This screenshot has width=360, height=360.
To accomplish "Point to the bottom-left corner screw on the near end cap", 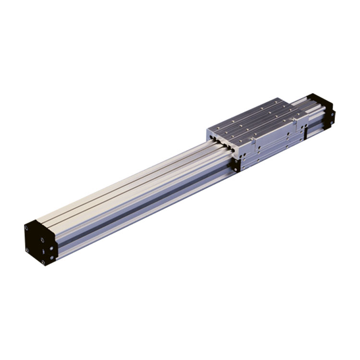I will tap(28, 250).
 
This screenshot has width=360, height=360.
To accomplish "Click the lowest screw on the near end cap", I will tap(44, 262).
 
